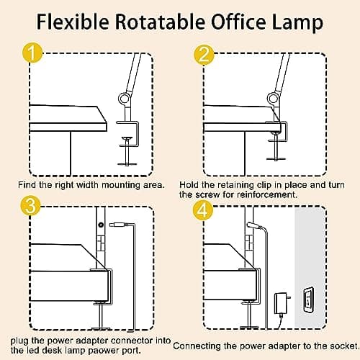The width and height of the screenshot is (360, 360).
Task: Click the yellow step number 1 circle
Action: (32, 53)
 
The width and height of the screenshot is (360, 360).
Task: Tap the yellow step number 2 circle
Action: (204, 54)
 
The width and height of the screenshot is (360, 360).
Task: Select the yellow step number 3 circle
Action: (30, 206)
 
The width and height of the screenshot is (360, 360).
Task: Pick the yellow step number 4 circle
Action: (203, 210)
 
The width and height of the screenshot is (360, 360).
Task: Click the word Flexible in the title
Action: (73, 22)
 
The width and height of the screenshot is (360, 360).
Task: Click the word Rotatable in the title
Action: (160, 22)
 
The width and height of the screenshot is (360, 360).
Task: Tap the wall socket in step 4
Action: (309, 300)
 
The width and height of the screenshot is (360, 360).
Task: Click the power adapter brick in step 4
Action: (281, 303)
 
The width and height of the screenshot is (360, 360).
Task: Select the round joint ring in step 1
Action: (125, 98)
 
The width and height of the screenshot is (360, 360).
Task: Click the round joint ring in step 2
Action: (273, 98)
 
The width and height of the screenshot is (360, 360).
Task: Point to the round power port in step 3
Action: (101, 225)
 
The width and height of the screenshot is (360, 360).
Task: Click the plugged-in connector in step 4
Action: (253, 225)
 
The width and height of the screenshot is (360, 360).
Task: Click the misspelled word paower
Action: (106, 351)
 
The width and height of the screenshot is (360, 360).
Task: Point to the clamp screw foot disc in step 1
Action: (127, 164)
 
